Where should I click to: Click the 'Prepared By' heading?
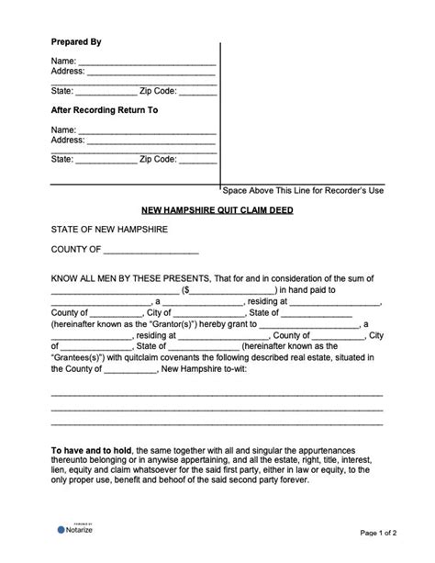[75, 42]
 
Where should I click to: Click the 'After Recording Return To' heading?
[104, 109]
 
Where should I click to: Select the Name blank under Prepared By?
[147, 62]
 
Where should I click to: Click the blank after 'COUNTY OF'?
[151, 250]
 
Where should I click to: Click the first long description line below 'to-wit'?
[217, 392]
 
